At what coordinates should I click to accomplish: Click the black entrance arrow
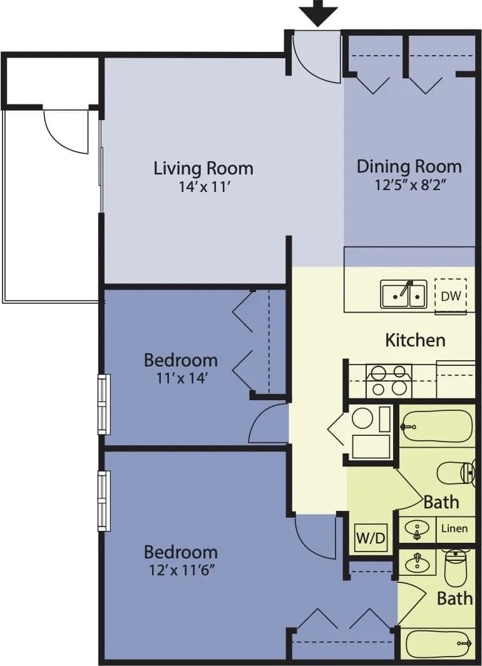pos(319,13)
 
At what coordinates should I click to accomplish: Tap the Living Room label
pos(203,168)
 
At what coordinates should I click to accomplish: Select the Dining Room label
pos(409,166)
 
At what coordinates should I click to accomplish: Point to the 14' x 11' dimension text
pos(203,186)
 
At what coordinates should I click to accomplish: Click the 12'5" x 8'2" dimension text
pos(409,184)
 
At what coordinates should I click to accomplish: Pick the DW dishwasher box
pos(451,295)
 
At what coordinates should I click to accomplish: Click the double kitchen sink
pos(404,294)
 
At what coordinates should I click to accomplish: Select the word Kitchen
pos(415,340)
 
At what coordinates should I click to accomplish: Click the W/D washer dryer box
pos(371,537)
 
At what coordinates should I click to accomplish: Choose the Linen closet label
pos(454,528)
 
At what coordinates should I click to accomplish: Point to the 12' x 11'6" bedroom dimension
pos(181,570)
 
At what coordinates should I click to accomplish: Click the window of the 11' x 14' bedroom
pos(104,404)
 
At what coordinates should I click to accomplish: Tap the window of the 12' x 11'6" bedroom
pos(104,501)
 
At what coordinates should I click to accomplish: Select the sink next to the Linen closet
pos(417,530)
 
